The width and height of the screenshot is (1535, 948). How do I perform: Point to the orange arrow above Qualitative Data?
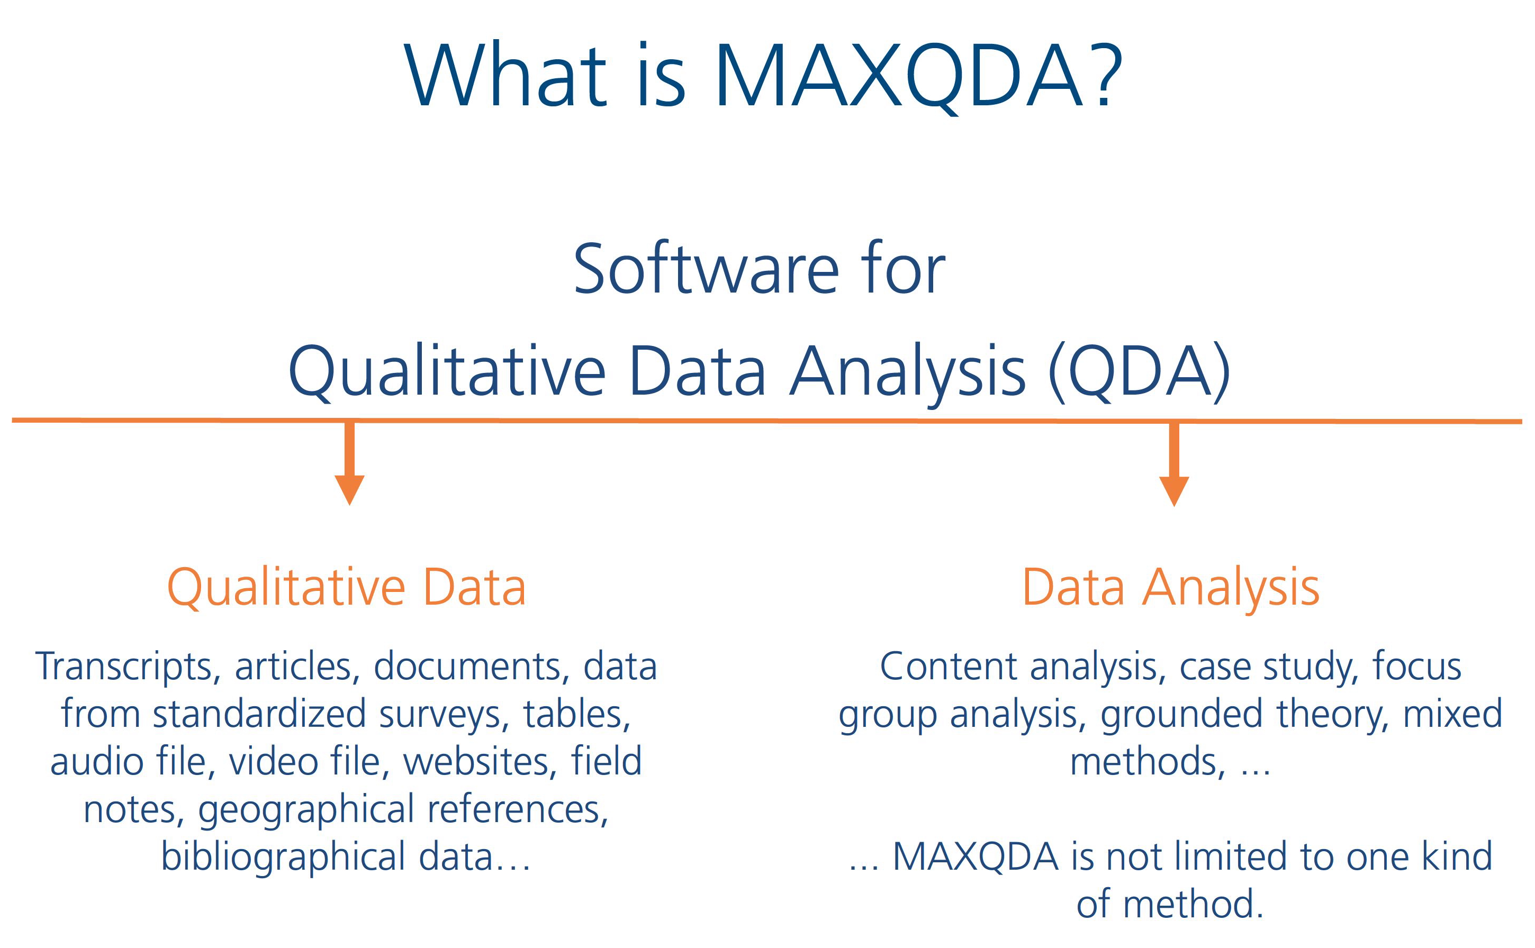pos(349,463)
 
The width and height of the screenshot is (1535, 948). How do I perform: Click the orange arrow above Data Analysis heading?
pos(1173,464)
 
